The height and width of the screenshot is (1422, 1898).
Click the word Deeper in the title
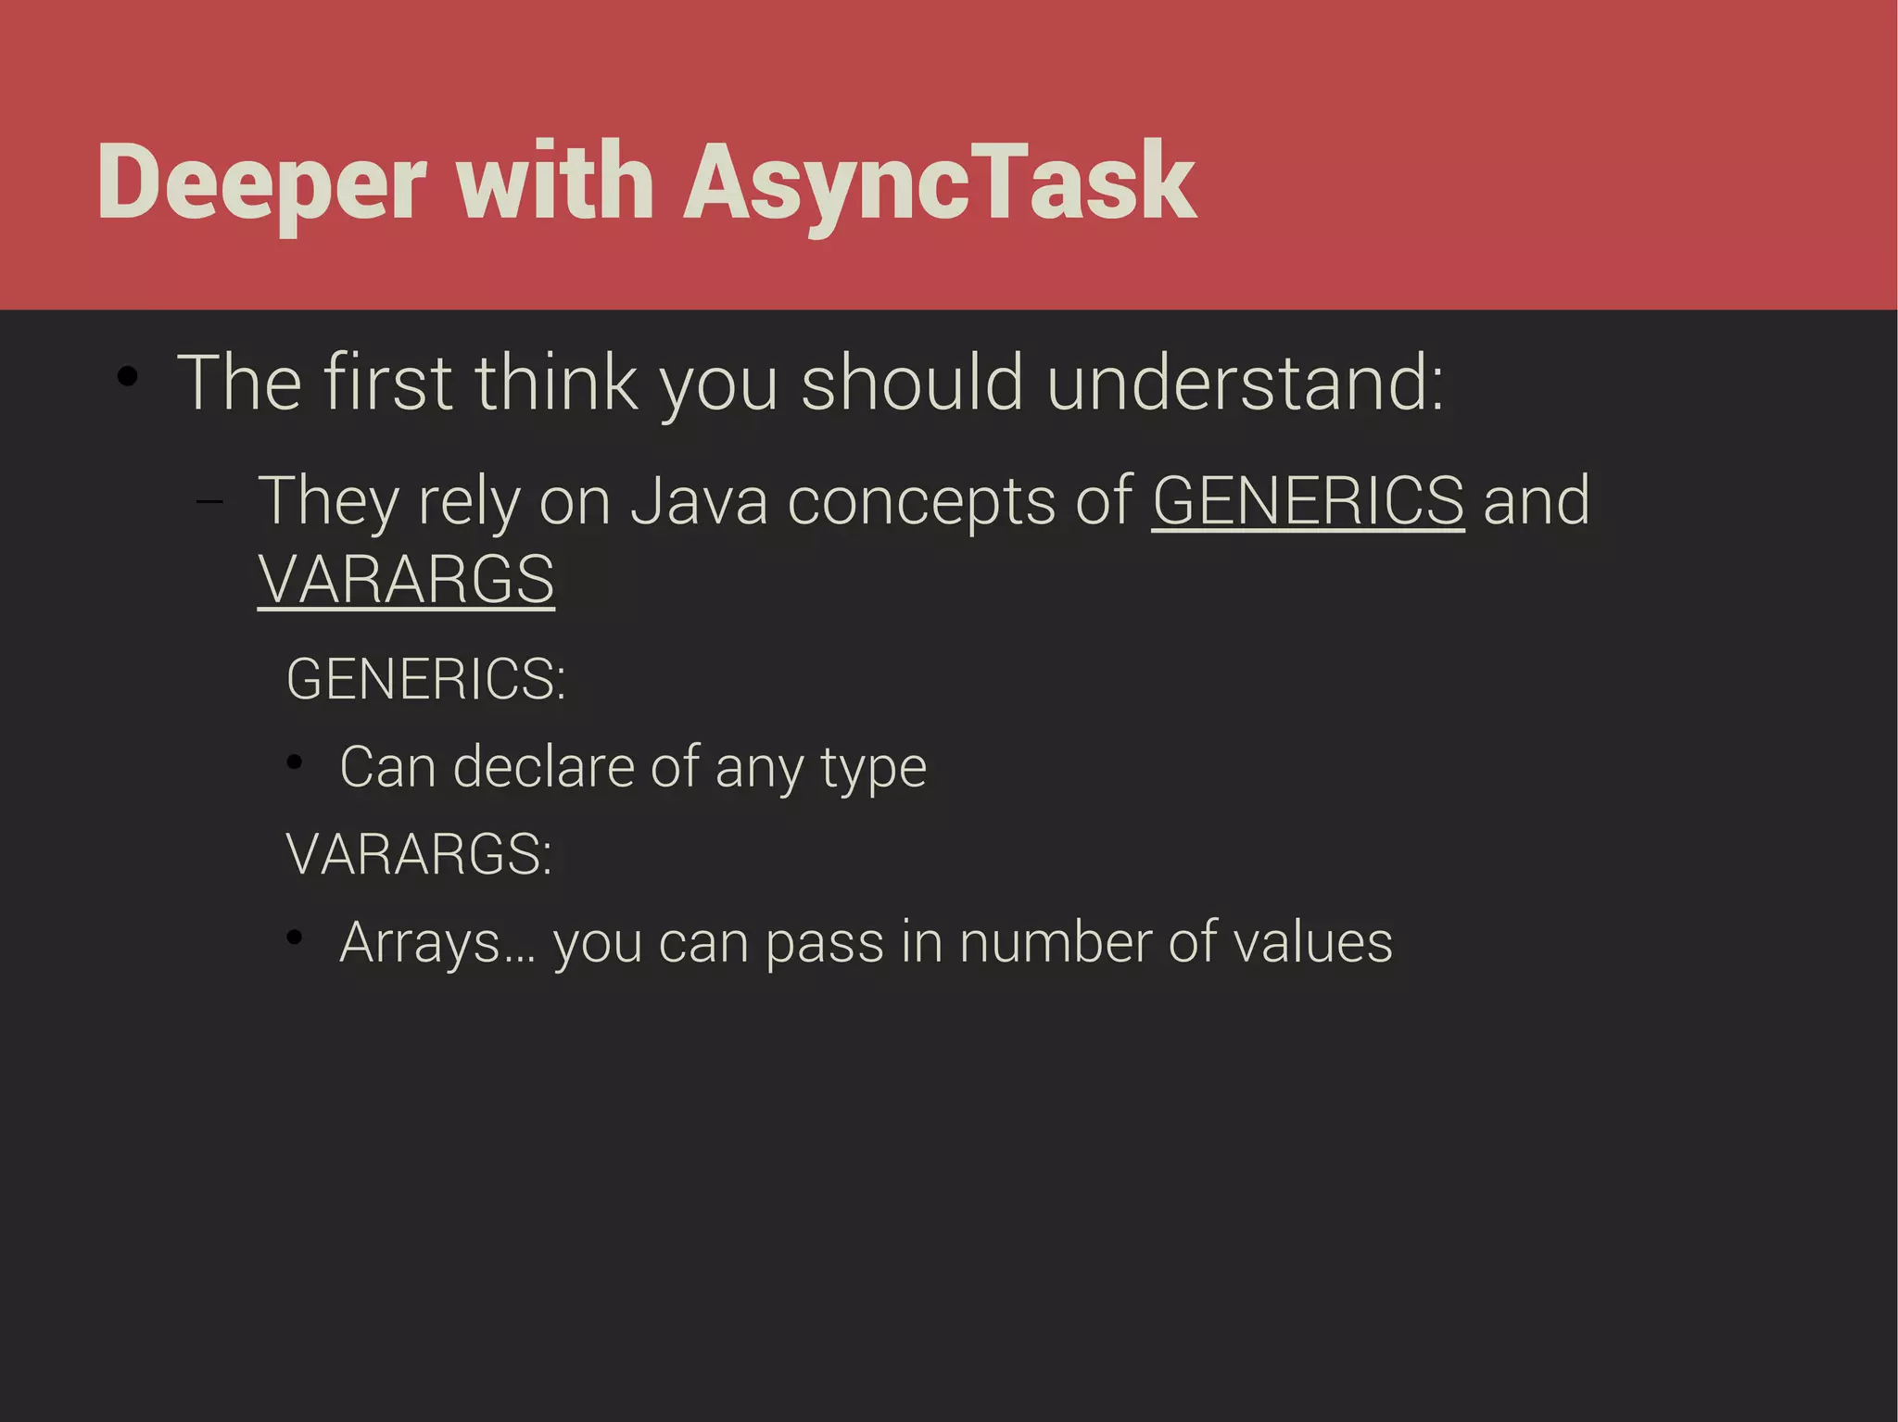click(261, 183)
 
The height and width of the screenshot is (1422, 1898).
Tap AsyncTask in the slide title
click(940, 183)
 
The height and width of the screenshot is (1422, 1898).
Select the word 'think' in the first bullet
click(556, 383)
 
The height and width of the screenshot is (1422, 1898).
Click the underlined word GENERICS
click(1308, 501)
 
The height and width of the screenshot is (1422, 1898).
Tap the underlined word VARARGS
click(406, 580)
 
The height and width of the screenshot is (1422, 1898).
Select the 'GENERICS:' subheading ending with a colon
click(425, 679)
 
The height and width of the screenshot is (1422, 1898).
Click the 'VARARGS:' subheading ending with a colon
click(419, 853)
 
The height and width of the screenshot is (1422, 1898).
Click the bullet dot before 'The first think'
click(128, 377)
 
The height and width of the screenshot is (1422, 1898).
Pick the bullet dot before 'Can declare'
click(295, 763)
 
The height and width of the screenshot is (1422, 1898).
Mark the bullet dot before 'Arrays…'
click(295, 938)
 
